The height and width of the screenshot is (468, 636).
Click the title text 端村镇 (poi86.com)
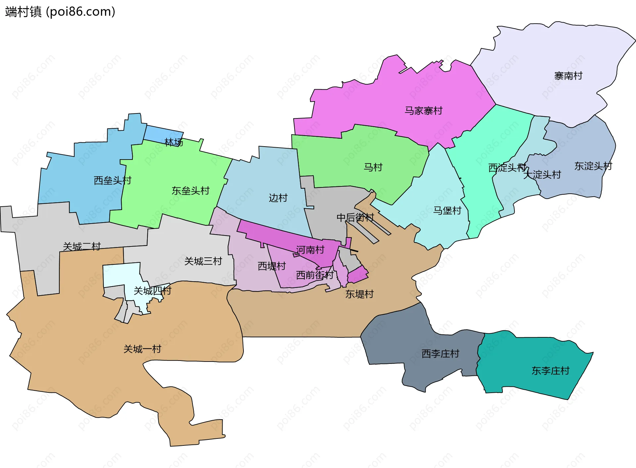tap(60, 12)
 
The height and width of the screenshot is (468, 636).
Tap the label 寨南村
tap(568, 76)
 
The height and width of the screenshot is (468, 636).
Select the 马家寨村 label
tap(423, 110)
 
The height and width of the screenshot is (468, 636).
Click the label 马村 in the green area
tap(373, 167)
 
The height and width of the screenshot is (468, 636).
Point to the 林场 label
tap(174, 142)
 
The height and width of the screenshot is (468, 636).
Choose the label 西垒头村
tap(113, 180)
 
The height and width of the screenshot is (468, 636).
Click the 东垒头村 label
tap(190, 191)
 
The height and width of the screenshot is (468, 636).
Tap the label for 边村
tap(278, 198)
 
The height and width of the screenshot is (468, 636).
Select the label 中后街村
tap(355, 218)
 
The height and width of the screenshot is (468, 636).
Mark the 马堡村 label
tap(447, 210)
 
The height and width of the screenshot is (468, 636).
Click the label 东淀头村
tap(593, 166)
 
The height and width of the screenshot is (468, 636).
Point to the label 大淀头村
tap(542, 174)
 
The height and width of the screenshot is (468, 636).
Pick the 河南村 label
tap(310, 250)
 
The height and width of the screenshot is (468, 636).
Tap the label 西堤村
tap(272, 266)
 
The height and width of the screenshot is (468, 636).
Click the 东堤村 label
tap(359, 294)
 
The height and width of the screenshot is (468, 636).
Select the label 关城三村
tap(203, 261)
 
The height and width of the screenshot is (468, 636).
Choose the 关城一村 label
tap(142, 349)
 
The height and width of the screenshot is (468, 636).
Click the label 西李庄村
tap(440, 354)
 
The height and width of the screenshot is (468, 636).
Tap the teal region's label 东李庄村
tap(550, 370)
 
